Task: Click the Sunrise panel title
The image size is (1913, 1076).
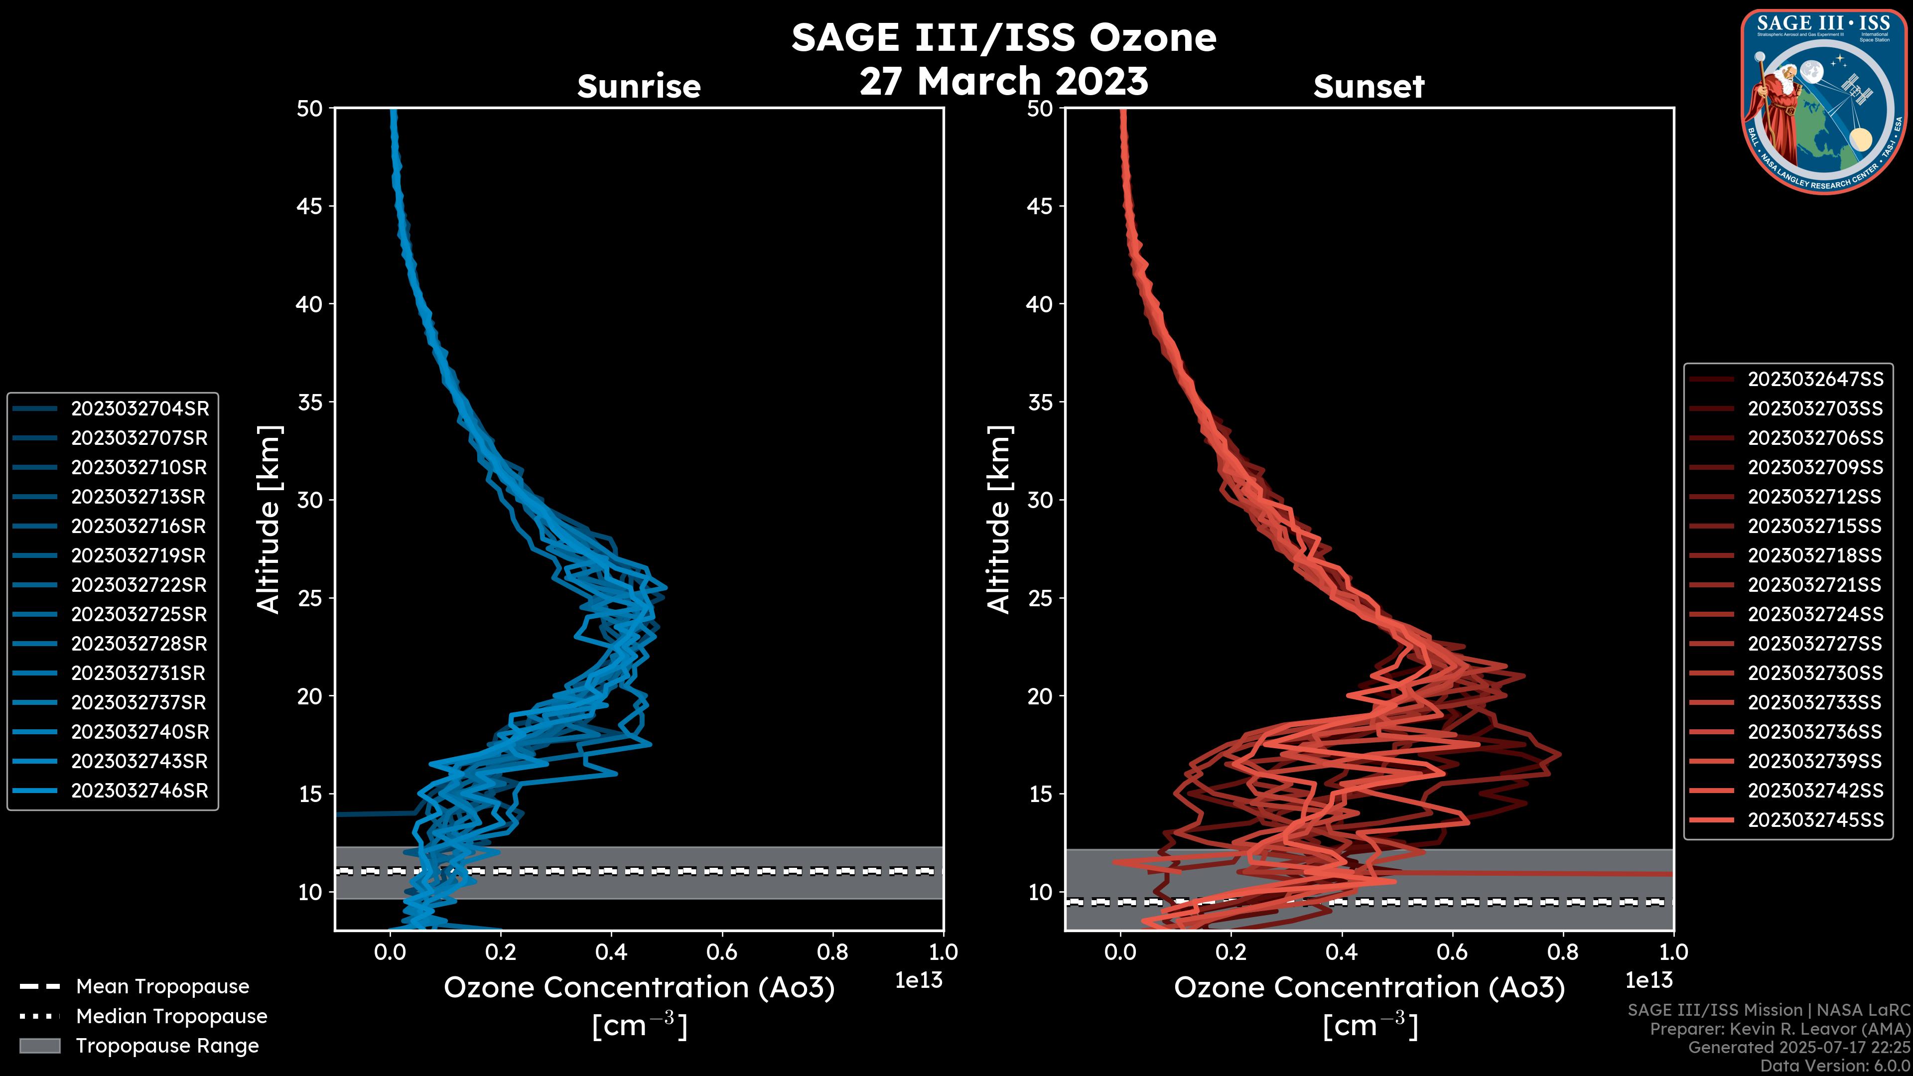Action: pyautogui.click(x=639, y=86)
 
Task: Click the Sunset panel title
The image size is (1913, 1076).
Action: pyautogui.click(x=1368, y=86)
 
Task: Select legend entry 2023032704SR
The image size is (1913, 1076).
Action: pyautogui.click(x=139, y=408)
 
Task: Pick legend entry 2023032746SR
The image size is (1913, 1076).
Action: pyautogui.click(x=139, y=790)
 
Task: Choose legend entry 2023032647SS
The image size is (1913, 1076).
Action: pyautogui.click(x=1815, y=380)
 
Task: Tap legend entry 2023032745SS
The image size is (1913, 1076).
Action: pyautogui.click(x=1815, y=820)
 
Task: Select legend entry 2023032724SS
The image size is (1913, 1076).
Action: pyautogui.click(x=1815, y=614)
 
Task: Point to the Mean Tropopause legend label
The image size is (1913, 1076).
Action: pyautogui.click(x=162, y=986)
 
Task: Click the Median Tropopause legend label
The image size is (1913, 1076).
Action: pyautogui.click(x=171, y=1016)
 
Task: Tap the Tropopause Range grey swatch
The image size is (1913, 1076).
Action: pyautogui.click(x=39, y=1046)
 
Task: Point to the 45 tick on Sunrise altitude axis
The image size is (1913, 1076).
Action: pyautogui.click(x=310, y=206)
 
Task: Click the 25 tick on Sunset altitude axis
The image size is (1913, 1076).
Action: pyautogui.click(x=1040, y=598)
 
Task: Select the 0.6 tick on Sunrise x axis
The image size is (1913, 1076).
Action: pyautogui.click(x=722, y=952)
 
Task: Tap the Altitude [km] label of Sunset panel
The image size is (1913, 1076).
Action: pyautogui.click(x=999, y=520)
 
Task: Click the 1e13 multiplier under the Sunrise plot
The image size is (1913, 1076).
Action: pyautogui.click(x=918, y=980)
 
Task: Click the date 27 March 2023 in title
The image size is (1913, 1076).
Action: pyautogui.click(x=1003, y=81)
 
